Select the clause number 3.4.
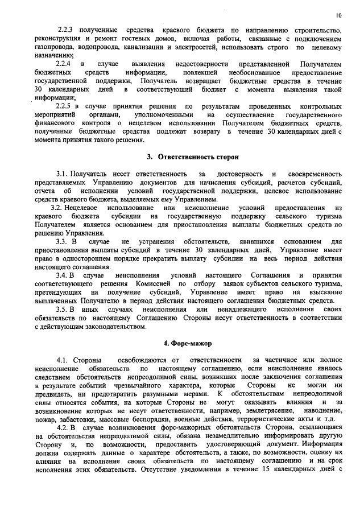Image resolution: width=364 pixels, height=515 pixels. [63, 276]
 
